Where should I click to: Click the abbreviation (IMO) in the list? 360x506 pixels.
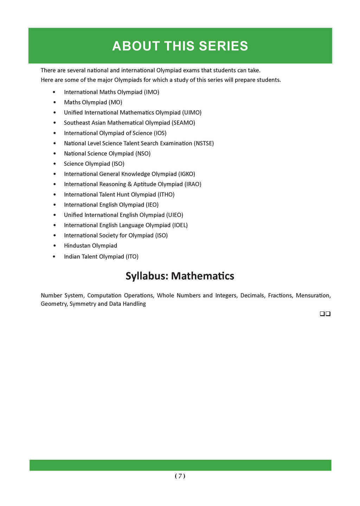(152, 92)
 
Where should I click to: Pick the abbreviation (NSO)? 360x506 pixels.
(143, 154)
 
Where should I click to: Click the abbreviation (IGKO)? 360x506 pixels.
(187, 174)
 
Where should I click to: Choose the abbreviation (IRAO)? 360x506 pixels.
(193, 184)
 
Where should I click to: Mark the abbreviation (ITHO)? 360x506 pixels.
(166, 194)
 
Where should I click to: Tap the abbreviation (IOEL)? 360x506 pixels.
(180, 225)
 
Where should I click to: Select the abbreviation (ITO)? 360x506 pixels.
(132, 257)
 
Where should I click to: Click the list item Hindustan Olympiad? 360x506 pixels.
(90, 246)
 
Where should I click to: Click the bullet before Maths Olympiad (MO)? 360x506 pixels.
(54, 102)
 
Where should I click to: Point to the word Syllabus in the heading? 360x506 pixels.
(147, 276)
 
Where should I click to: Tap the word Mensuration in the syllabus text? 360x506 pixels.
(313, 296)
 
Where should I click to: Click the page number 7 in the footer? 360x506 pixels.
(180, 476)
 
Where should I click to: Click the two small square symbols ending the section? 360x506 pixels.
(325, 314)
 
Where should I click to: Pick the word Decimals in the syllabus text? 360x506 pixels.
(252, 296)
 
